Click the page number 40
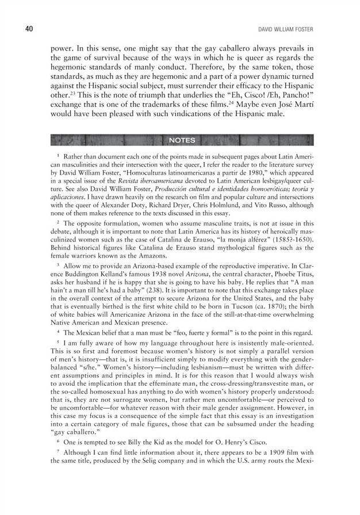point(15,29)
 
